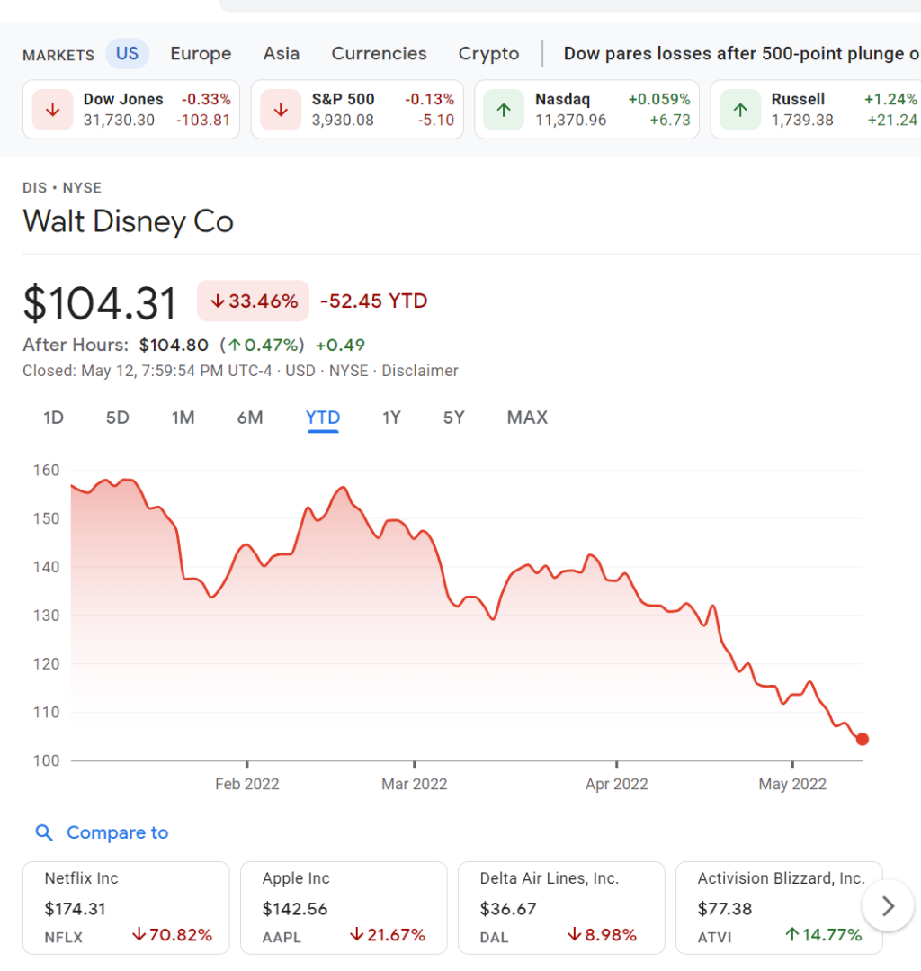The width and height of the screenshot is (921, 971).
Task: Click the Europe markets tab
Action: [201, 53]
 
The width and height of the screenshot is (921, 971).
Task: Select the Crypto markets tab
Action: [488, 53]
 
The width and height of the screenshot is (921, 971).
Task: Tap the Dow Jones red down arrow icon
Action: [53, 110]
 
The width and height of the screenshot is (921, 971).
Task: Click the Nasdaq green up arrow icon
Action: [504, 110]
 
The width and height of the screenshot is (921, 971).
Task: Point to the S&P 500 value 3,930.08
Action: [343, 120]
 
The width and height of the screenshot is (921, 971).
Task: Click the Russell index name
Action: [798, 99]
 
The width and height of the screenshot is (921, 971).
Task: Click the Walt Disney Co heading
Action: [128, 221]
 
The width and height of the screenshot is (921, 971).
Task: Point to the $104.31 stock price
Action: [100, 302]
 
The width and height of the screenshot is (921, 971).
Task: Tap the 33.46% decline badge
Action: [254, 301]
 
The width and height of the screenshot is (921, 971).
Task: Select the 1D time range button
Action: [54, 418]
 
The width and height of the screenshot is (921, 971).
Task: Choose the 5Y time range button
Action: [453, 418]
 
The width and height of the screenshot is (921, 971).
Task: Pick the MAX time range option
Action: [527, 418]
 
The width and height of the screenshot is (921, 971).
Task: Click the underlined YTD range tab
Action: [323, 418]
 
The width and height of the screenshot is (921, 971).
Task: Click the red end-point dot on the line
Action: [863, 739]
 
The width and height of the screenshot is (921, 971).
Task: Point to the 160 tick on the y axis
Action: [47, 470]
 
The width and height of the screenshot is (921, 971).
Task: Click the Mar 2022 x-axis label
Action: [414, 784]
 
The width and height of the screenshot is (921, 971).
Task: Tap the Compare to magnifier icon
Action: [44, 832]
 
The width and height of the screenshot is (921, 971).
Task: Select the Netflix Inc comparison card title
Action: [82, 878]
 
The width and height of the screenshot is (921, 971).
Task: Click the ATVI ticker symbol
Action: [714, 937]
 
